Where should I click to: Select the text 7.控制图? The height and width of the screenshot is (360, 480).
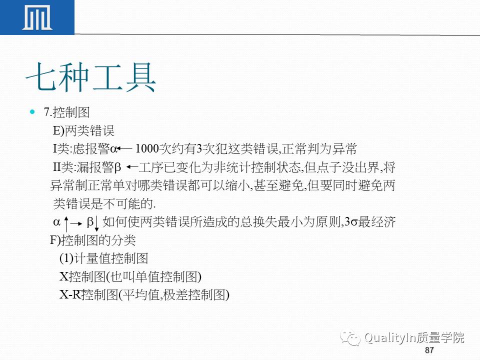[x=67, y=112]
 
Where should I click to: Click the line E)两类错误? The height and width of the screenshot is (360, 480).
[x=83, y=131]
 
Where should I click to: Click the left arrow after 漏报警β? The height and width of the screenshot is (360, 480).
[x=132, y=166]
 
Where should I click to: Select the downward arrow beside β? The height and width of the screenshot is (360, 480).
[x=96, y=224]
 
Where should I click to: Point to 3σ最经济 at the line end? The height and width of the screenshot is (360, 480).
[x=370, y=222]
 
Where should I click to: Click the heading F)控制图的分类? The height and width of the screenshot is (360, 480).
[x=92, y=240]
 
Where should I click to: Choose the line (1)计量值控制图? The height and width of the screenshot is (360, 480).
[x=104, y=258]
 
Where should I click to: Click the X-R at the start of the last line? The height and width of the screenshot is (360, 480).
[x=70, y=294]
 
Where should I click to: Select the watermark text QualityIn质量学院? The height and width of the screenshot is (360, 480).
[x=414, y=338]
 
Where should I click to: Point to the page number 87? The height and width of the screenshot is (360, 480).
[x=429, y=350]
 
